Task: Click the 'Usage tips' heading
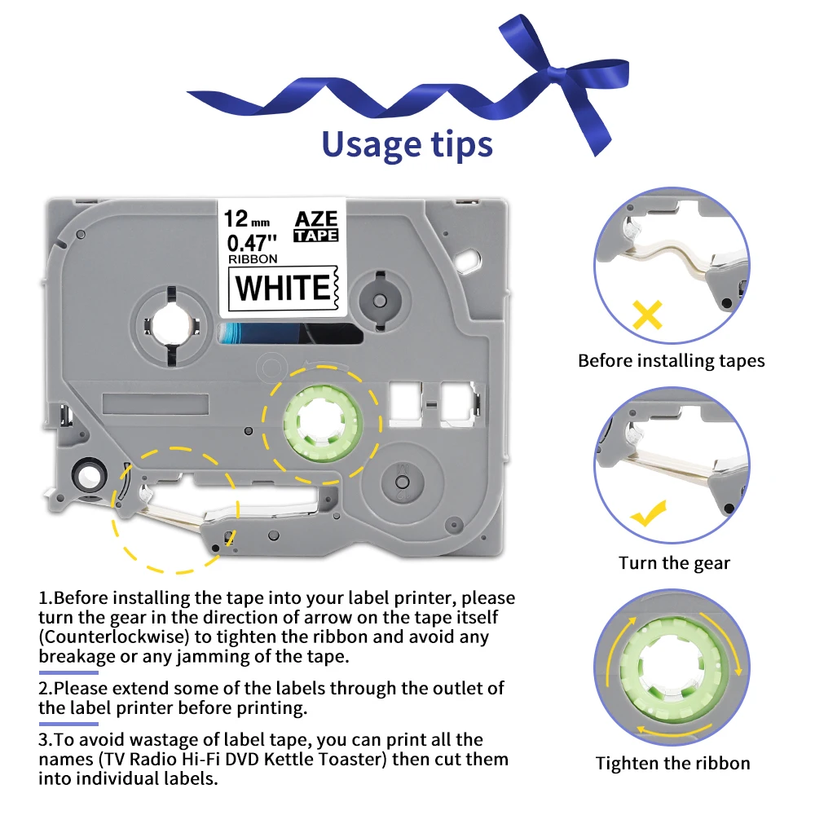(407, 144)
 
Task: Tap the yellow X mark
(648, 315)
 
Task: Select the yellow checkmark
(648, 513)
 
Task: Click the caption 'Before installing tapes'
(671, 361)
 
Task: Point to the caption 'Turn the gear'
(674, 563)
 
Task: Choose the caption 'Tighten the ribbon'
(672, 763)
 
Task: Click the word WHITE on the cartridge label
(283, 288)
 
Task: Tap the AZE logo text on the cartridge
(316, 218)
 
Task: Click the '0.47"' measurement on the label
(252, 243)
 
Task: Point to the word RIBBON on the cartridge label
(253, 259)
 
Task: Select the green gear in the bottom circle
(672, 667)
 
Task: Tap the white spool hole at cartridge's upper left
(171, 326)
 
